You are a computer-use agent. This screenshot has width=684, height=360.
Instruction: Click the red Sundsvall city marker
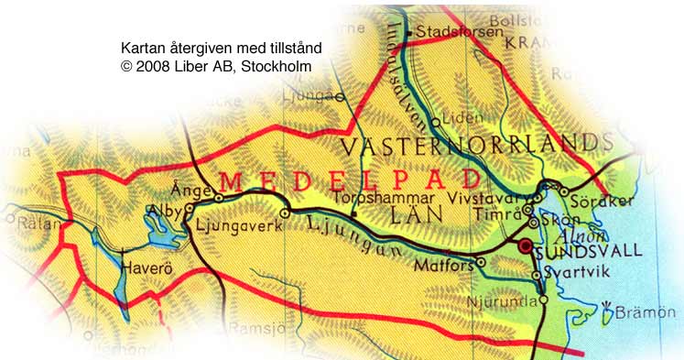[x=526, y=246]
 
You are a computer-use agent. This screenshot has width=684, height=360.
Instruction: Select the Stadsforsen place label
[x=459, y=32]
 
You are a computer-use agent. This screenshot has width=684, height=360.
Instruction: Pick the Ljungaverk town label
[x=238, y=221]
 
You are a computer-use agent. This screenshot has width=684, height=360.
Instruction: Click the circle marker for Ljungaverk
[x=285, y=213]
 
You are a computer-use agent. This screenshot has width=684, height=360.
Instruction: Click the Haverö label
[x=147, y=268]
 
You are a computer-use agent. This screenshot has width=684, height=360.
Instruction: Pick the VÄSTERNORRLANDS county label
[x=475, y=145]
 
